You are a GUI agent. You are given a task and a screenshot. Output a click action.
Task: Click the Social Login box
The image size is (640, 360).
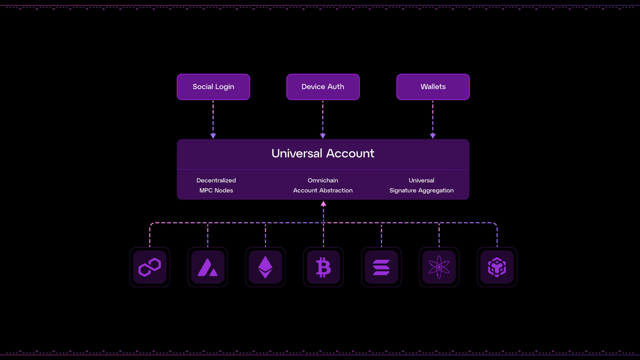[x=213, y=87]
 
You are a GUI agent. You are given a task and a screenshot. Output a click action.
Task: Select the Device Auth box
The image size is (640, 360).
[x=323, y=87]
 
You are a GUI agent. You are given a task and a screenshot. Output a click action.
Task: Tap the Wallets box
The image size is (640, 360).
[x=433, y=87]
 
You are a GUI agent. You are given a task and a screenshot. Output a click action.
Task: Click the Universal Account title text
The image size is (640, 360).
[x=323, y=153]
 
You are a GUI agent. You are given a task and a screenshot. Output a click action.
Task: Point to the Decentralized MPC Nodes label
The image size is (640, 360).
[x=216, y=185]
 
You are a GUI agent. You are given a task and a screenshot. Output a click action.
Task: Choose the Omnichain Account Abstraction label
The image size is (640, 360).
[x=323, y=185]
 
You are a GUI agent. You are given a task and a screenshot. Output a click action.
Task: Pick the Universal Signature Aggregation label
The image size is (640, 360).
[x=421, y=185]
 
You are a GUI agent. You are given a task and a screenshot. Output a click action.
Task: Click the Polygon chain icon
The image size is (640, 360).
[x=150, y=267]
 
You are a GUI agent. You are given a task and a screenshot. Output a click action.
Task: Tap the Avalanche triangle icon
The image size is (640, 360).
[x=208, y=267]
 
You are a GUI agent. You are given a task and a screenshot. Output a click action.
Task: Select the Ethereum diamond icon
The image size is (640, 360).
[x=265, y=267]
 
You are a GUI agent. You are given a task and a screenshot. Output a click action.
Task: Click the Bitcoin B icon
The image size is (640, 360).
[x=323, y=267]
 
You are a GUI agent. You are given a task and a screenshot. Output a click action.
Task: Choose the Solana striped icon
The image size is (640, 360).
[x=381, y=267]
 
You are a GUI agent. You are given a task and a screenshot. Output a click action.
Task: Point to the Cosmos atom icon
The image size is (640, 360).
[x=439, y=267]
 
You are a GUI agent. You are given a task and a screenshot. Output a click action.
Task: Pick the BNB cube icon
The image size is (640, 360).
[x=497, y=267]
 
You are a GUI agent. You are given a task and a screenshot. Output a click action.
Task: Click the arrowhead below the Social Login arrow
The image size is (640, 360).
[x=213, y=136]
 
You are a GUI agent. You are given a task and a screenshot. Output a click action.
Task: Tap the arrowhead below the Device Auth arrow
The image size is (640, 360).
[x=323, y=136]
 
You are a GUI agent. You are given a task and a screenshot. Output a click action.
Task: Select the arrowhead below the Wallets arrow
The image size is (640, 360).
[x=433, y=136]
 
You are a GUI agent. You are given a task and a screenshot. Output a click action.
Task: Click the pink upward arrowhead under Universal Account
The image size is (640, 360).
[x=324, y=204]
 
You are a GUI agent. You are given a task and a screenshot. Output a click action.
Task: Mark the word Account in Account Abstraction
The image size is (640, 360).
[x=305, y=190]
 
